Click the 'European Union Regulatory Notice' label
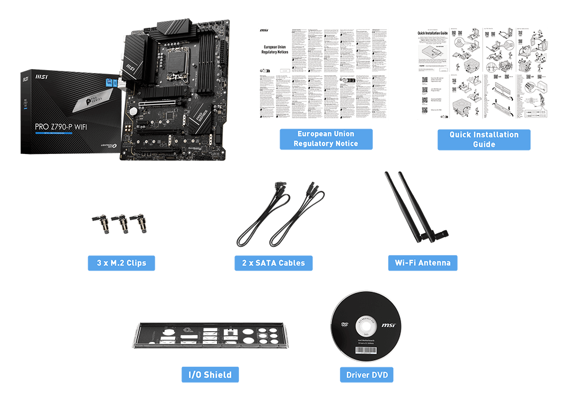[326, 139]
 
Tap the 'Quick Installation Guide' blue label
[484, 139]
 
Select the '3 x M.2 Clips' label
[121, 263]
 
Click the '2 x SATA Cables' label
[273, 263]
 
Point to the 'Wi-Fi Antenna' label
[423, 263]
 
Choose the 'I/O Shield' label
[210, 374]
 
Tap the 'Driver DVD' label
[366, 374]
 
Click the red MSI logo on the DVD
[388, 326]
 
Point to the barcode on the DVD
[366, 350]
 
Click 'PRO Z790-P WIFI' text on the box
[56, 128]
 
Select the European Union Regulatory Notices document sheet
[323, 74]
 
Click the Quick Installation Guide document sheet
[483, 74]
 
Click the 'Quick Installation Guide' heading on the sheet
[432, 33]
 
